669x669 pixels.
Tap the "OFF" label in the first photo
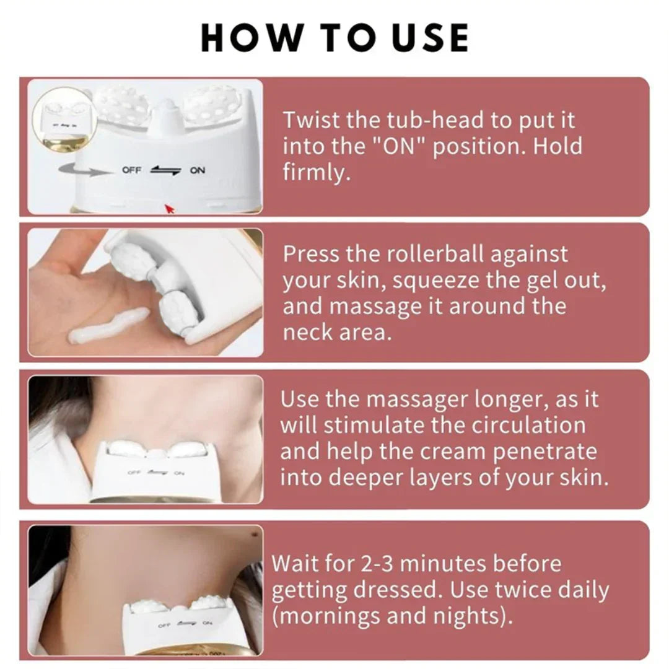[131, 170]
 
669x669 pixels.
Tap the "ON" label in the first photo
[197, 170]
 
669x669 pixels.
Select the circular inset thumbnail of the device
[61, 118]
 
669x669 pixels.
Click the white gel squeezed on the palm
[109, 328]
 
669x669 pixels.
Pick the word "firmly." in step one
[317, 173]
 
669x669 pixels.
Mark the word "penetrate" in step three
[544, 452]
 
